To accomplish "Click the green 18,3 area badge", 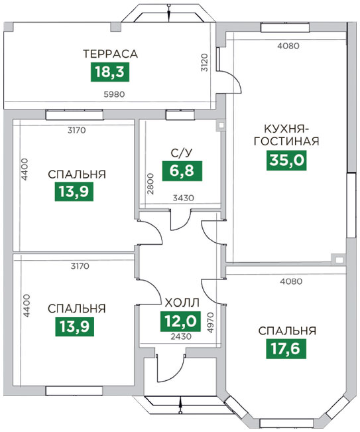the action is tap(110, 72).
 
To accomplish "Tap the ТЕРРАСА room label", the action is tap(110, 54).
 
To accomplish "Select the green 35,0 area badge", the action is tap(286, 161).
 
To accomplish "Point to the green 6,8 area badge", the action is tap(182, 171).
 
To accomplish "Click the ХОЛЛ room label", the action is tap(182, 303).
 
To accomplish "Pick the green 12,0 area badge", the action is tap(180, 321).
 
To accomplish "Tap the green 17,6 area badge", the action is tap(286, 349).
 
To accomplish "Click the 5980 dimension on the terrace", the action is tap(114, 94).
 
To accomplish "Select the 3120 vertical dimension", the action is tap(205, 63).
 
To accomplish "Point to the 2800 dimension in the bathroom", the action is tap(150, 184).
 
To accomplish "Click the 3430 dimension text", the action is tap(183, 198).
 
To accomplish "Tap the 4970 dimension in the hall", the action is tap(210, 323).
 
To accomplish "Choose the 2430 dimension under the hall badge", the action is tap(181, 336).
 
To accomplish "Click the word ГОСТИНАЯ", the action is tap(286, 141).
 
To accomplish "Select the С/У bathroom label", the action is tap(182, 153).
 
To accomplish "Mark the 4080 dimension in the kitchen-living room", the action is tap(288, 46).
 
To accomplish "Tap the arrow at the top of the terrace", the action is tap(168, 13).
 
